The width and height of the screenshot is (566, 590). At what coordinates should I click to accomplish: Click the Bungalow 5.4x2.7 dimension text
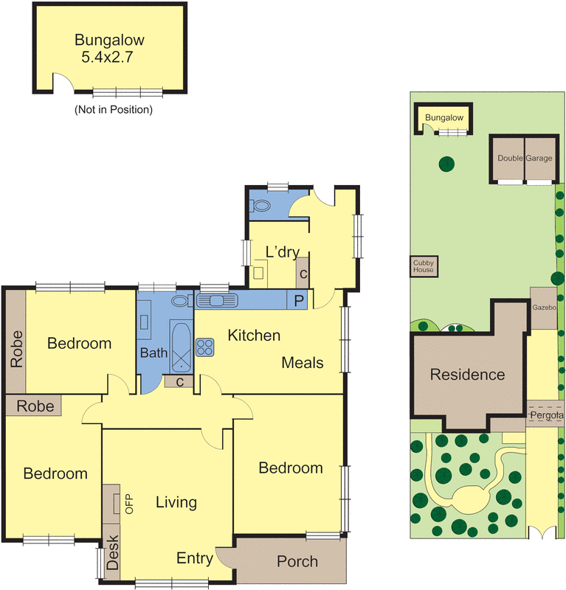pos(108,54)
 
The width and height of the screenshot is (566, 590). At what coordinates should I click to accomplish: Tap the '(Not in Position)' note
pos(113,110)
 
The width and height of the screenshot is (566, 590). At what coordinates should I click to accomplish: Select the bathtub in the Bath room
pos(180,347)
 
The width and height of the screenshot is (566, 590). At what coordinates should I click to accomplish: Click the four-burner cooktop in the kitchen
pos(204,346)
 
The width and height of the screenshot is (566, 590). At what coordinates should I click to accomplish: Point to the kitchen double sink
pos(216,299)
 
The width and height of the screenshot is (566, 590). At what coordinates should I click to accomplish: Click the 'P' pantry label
pos(299,300)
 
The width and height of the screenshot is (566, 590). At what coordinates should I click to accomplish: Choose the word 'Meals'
pos(303,363)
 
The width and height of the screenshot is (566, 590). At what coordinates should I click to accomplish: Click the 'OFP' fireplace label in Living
pos(128,504)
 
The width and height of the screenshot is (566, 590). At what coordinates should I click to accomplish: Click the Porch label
pos(297,562)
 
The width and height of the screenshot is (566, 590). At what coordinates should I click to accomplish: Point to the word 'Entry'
pos(195,558)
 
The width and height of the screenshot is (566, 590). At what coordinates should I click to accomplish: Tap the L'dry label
pos(282,253)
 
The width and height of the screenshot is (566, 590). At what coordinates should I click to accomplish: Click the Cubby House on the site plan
pos(424,266)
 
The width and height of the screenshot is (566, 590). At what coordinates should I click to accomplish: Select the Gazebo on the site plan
pos(543,307)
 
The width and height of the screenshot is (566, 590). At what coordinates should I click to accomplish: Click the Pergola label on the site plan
pos(546,416)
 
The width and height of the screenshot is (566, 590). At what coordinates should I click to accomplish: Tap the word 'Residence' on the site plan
pos(467,375)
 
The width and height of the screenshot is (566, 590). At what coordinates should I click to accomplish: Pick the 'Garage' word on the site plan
pos(539,159)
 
